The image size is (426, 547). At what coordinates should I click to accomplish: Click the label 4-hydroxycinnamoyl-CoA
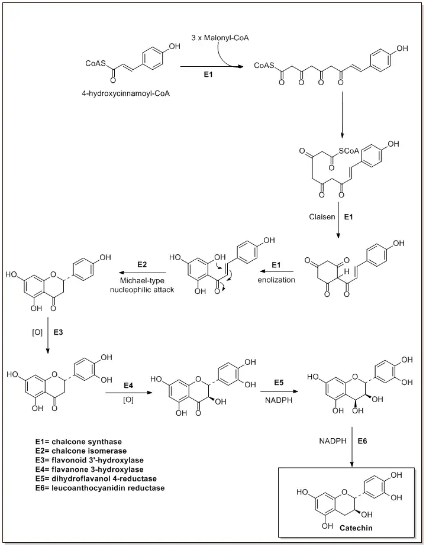[x=125, y=93]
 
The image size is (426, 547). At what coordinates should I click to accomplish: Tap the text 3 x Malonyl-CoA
[x=220, y=38]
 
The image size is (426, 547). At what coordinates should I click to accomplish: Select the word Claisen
[x=322, y=217]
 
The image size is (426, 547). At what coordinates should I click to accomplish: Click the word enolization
[x=276, y=280]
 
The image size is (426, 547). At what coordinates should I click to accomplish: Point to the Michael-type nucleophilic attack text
[x=142, y=285]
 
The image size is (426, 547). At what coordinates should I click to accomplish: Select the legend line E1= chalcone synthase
[x=79, y=442]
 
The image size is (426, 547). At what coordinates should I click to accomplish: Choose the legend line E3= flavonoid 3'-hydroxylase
[x=89, y=460]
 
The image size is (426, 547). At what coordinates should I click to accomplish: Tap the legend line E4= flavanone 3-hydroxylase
[x=89, y=469]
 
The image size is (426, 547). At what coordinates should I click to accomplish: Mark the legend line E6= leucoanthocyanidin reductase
[x=100, y=488]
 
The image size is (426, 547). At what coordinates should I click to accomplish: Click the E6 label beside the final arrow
[x=363, y=441]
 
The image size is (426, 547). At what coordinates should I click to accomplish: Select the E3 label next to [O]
[x=59, y=332]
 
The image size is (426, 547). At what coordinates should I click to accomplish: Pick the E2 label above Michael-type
[x=142, y=264]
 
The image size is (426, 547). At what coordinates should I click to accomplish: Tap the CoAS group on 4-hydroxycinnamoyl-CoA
[x=94, y=63]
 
